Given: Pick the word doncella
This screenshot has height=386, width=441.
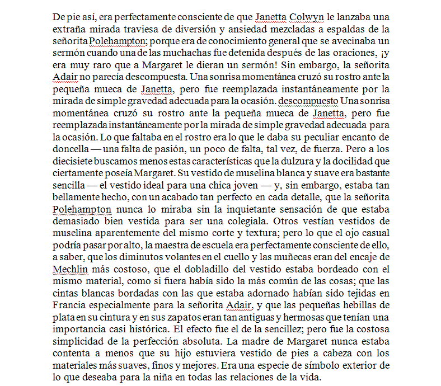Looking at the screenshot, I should pos(69,148).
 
